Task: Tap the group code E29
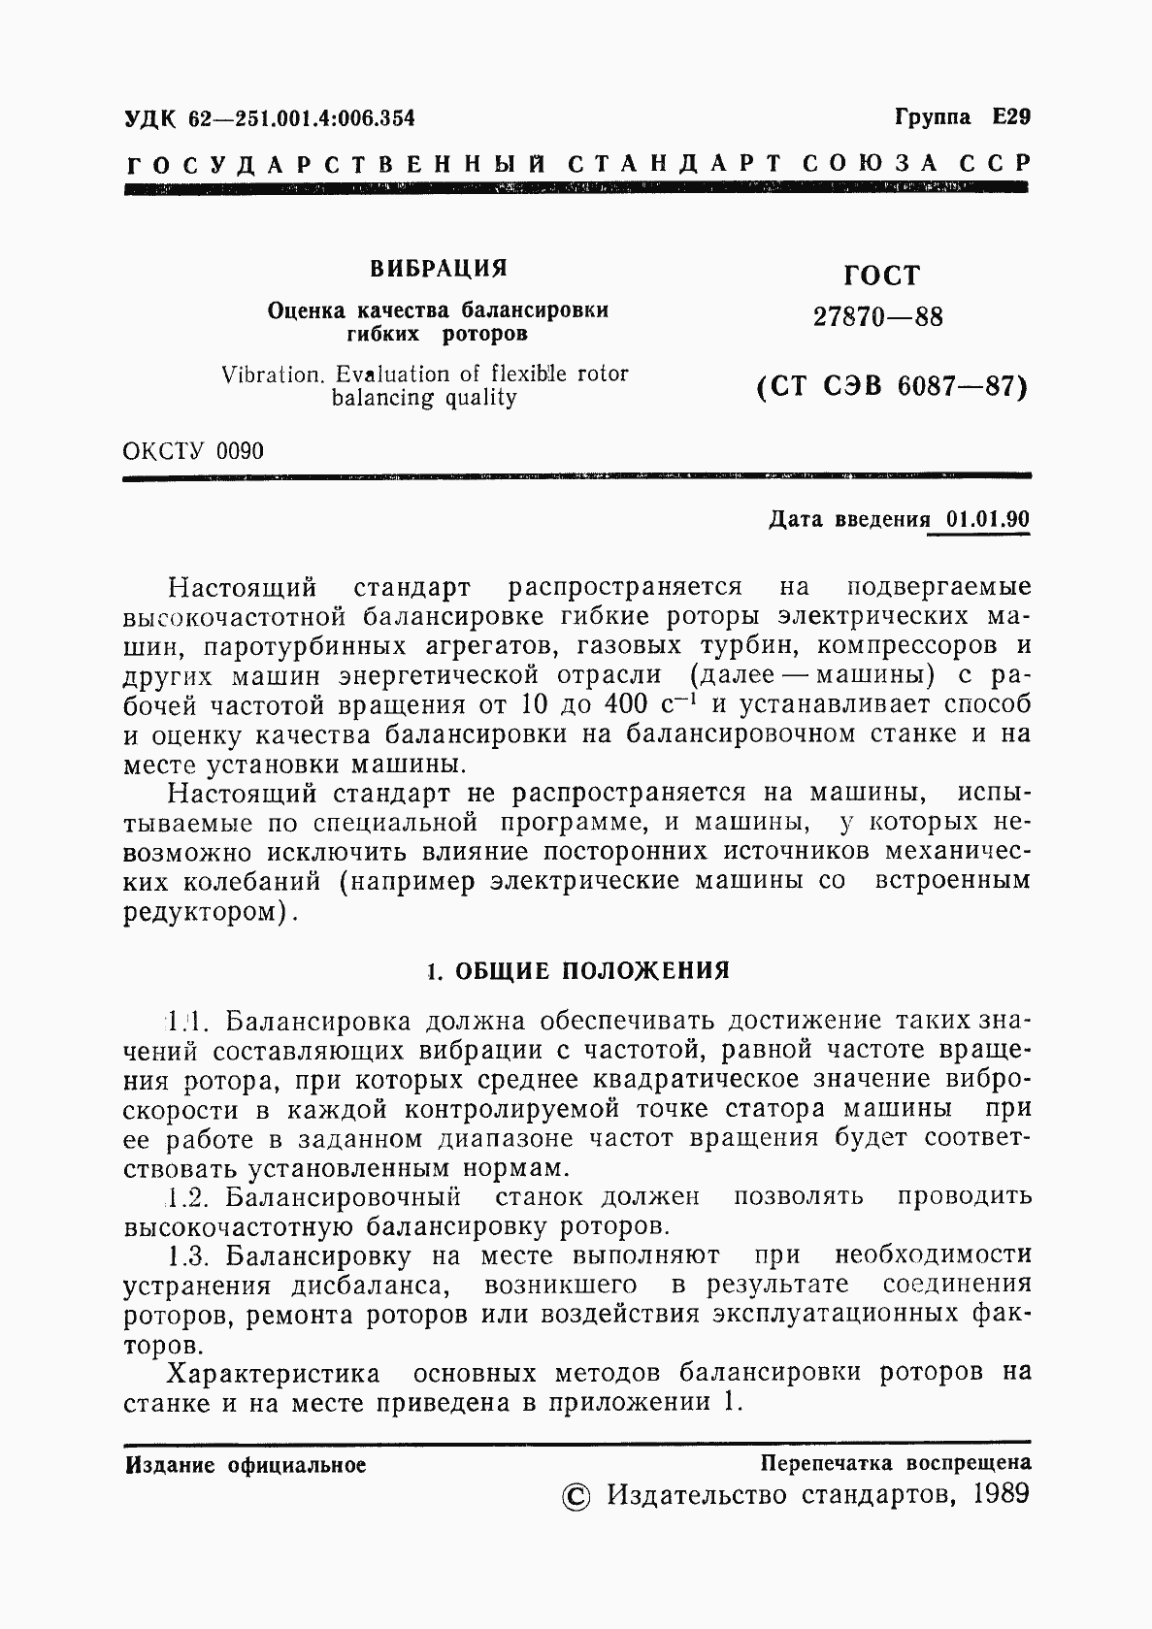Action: point(1010,117)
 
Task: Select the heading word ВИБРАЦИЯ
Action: point(440,268)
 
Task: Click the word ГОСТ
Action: point(880,277)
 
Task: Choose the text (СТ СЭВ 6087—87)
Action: point(890,387)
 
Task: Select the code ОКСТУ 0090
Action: point(193,451)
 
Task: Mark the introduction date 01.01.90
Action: point(987,519)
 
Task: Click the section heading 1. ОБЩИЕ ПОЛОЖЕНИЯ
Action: point(578,970)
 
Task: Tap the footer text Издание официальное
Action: point(246,1465)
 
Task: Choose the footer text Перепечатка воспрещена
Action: point(895,1463)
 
